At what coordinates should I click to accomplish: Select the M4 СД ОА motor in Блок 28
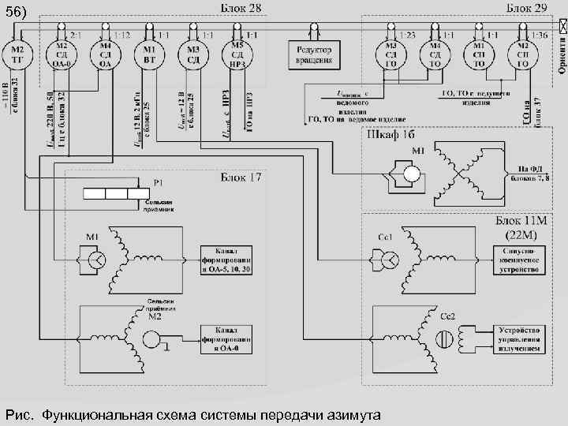105,57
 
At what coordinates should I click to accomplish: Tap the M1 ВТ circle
148,57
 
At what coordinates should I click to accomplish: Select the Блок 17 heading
241,177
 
